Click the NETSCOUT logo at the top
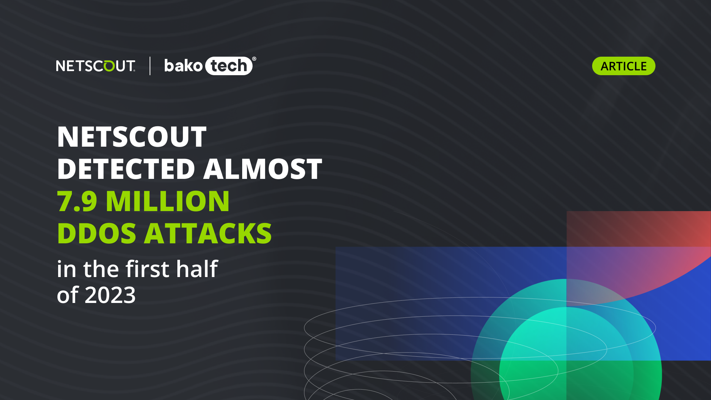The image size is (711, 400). (x=96, y=66)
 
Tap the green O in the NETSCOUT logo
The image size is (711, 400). (x=109, y=66)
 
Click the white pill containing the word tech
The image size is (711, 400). (x=229, y=66)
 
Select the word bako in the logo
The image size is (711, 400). (x=183, y=66)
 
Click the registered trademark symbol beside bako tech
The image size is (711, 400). (x=254, y=59)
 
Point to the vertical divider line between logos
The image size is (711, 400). (x=150, y=66)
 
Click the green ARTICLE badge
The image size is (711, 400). (x=624, y=66)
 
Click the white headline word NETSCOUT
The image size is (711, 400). (x=131, y=137)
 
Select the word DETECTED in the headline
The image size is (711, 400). (x=126, y=169)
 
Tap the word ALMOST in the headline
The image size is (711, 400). (x=263, y=169)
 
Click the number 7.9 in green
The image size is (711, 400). (x=77, y=201)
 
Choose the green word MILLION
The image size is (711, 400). (x=167, y=201)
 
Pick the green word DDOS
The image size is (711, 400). (x=97, y=233)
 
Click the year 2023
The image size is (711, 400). (x=110, y=295)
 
